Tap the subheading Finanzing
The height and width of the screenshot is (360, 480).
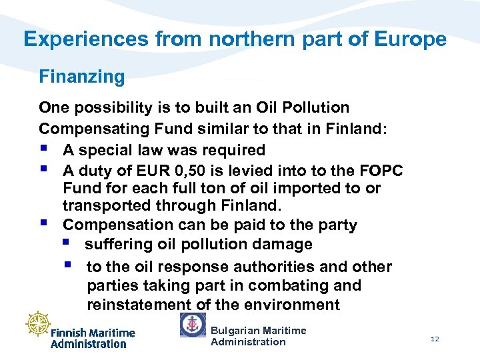tap(82, 77)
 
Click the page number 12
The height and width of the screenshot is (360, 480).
tap(435, 339)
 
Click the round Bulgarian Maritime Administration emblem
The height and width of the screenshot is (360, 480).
tap(193, 325)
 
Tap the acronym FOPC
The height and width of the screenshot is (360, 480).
tap(377, 170)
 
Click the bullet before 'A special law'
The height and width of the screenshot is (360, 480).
tap(44, 149)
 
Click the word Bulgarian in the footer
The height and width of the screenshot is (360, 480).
tap(234, 330)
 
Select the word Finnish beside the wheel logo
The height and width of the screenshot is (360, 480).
tap(69, 333)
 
